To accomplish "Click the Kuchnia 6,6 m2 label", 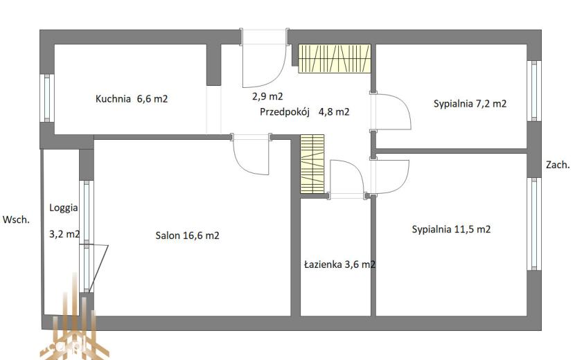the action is (132, 98).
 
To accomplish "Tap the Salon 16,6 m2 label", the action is (187, 235).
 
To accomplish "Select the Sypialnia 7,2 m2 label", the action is (470, 104).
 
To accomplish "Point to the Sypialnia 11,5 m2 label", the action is (451, 229).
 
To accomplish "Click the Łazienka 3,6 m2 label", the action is (339, 264).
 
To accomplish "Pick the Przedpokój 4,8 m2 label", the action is (304, 112).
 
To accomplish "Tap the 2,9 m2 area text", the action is (267, 96).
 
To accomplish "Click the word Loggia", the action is (64, 208).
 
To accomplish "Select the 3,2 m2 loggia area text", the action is (64, 234).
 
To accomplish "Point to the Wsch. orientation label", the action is (16, 219).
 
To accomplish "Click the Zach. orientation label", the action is (558, 165).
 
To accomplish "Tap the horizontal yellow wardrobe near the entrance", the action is (335, 59).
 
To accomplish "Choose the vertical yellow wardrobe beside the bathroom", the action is (312, 164).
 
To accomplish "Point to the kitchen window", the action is (47, 98).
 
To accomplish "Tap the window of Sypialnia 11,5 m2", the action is (534, 224).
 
